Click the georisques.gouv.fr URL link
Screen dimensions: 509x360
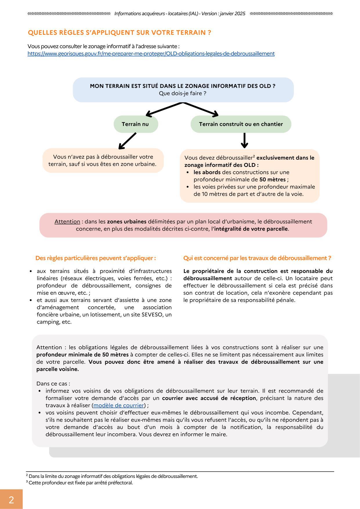151,54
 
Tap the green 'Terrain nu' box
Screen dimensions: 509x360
135,124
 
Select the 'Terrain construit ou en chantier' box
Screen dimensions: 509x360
241,124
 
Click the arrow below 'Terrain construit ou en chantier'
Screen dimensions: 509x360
245,141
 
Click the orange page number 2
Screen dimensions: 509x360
11,499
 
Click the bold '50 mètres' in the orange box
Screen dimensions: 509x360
272,180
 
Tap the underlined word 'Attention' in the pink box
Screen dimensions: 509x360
67,222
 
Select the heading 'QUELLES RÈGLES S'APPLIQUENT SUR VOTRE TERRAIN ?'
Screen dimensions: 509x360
119,33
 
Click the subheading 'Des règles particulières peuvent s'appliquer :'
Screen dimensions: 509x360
95,258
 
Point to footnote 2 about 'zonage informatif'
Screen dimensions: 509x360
113,476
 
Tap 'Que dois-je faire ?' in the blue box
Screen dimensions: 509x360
182,93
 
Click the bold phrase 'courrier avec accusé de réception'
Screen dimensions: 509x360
209,398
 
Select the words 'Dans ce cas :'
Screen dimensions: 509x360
53,383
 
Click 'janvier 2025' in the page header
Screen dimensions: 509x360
233,14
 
